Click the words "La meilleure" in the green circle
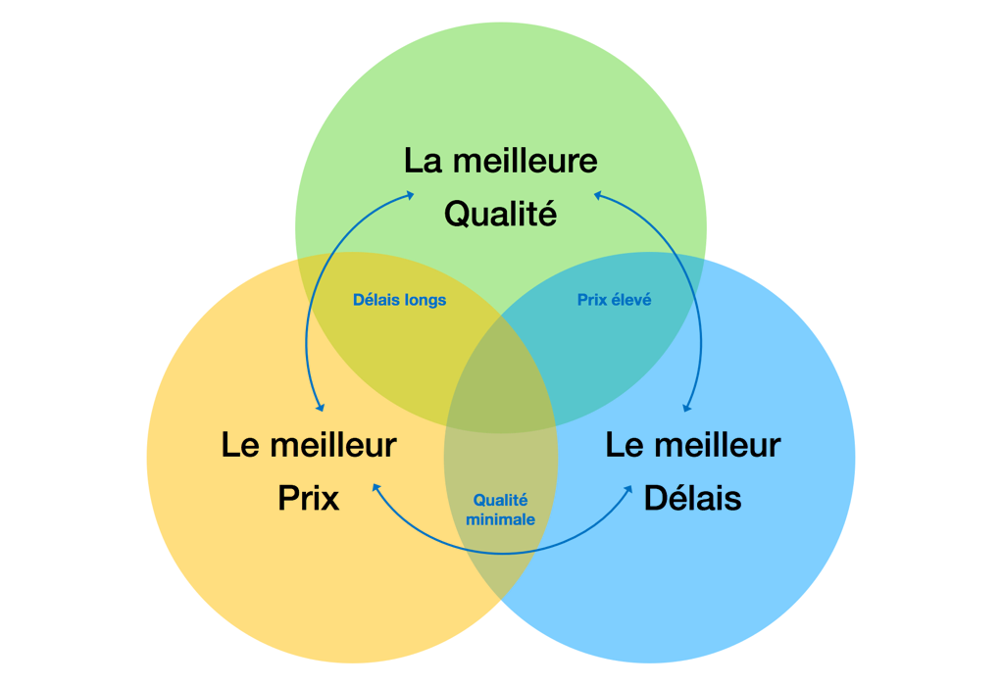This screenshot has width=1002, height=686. (x=500, y=161)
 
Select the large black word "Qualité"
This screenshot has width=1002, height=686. (x=500, y=214)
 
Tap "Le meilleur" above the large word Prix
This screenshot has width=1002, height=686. (x=309, y=445)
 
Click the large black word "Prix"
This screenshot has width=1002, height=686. (x=309, y=498)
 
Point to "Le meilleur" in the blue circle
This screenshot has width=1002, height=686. (x=692, y=445)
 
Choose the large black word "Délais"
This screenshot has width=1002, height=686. (x=692, y=498)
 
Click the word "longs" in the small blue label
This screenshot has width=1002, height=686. (x=425, y=300)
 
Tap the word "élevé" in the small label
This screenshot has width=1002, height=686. (x=631, y=300)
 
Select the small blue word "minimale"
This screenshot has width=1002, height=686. (x=501, y=519)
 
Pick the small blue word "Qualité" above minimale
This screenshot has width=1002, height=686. (x=501, y=500)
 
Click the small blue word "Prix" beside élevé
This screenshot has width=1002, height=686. (x=593, y=300)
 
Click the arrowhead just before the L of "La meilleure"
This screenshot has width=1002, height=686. (x=410, y=195)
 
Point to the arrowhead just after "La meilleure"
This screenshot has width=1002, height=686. (x=596, y=195)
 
